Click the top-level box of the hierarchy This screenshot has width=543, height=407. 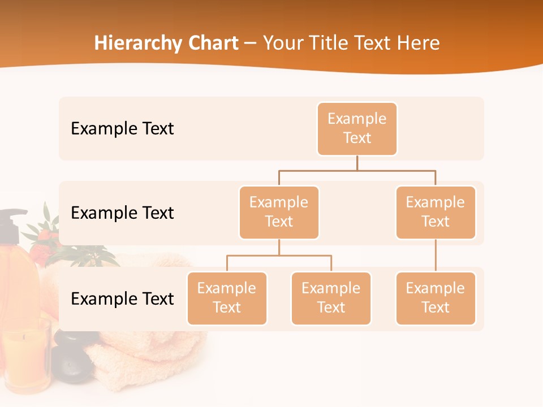pos(357,129)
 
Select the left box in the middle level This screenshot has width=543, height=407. pos(279,213)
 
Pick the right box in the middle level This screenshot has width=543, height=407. pos(436,213)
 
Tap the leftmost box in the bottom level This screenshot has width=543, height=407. pos(227,298)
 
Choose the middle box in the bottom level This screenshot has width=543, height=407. pos(331,298)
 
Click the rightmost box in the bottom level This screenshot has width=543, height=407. pos(436,298)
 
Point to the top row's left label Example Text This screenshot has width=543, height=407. pos(122,129)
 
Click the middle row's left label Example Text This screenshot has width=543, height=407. pos(122,213)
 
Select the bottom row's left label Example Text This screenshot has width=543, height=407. pos(122,298)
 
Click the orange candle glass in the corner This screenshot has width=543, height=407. pos(25,356)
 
